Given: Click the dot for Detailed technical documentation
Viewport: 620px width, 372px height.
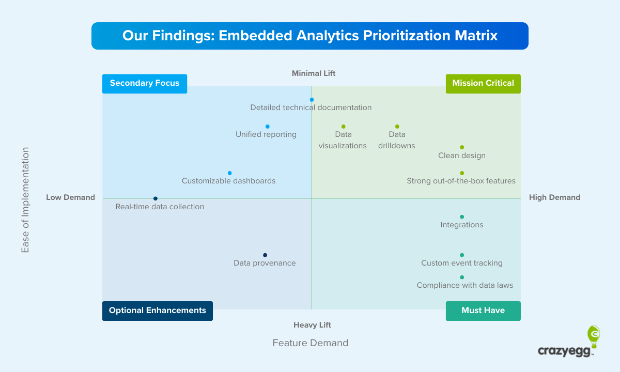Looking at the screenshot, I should pyautogui.click(x=312, y=100).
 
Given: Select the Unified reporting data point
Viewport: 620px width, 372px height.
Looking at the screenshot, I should pyautogui.click(x=267, y=127).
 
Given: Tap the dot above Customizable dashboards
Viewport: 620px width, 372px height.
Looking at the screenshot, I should pyautogui.click(x=229, y=173).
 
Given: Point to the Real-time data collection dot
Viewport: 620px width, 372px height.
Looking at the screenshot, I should pyautogui.click(x=155, y=198).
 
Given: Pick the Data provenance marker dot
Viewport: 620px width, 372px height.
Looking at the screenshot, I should pyautogui.click(x=265, y=255).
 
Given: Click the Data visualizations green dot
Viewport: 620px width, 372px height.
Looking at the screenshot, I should pyautogui.click(x=343, y=127).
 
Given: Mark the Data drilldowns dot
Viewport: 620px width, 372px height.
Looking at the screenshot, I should pyautogui.click(x=397, y=127).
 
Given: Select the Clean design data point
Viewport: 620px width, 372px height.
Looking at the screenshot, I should pyautogui.click(x=462, y=147).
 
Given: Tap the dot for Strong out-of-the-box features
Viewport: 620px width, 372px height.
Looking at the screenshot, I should pyautogui.click(x=462, y=173).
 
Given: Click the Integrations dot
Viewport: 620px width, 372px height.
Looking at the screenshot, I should pyautogui.click(x=462, y=217).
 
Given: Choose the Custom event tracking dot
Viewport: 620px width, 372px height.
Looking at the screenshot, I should pyautogui.click(x=462, y=255).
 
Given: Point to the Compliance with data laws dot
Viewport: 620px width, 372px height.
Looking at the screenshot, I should pyautogui.click(x=462, y=277).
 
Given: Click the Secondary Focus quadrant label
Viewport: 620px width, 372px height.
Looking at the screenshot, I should pyautogui.click(x=145, y=83).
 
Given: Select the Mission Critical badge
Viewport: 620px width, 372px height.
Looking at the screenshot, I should pyautogui.click(x=483, y=83).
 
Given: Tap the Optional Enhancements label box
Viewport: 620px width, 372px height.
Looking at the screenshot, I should pyautogui.click(x=158, y=311).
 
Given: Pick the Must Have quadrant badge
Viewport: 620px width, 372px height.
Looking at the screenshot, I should pyautogui.click(x=483, y=311).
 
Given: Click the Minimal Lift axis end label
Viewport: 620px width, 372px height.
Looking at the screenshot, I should pyautogui.click(x=314, y=73).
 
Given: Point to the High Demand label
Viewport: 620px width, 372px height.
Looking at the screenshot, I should pyautogui.click(x=554, y=197).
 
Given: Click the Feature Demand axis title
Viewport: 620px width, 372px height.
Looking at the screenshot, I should pyautogui.click(x=311, y=343).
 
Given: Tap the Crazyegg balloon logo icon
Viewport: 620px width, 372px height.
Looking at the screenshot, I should pyautogui.click(x=594, y=336).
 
